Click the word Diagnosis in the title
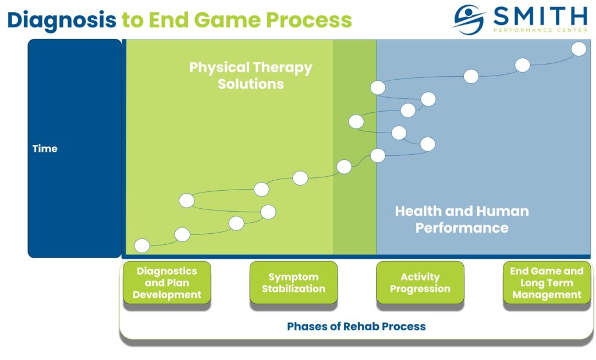62,20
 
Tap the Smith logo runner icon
469,20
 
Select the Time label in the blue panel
45,148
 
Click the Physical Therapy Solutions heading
251,76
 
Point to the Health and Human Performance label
462,219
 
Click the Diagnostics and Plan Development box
167,283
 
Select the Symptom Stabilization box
293,283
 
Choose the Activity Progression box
420,283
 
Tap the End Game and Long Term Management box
547,283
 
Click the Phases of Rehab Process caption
356,326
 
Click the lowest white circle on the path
141,245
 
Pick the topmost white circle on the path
579,49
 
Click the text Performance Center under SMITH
540,29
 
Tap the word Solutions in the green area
251,84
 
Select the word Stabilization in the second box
293,289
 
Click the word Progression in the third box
420,289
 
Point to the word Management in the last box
547,295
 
